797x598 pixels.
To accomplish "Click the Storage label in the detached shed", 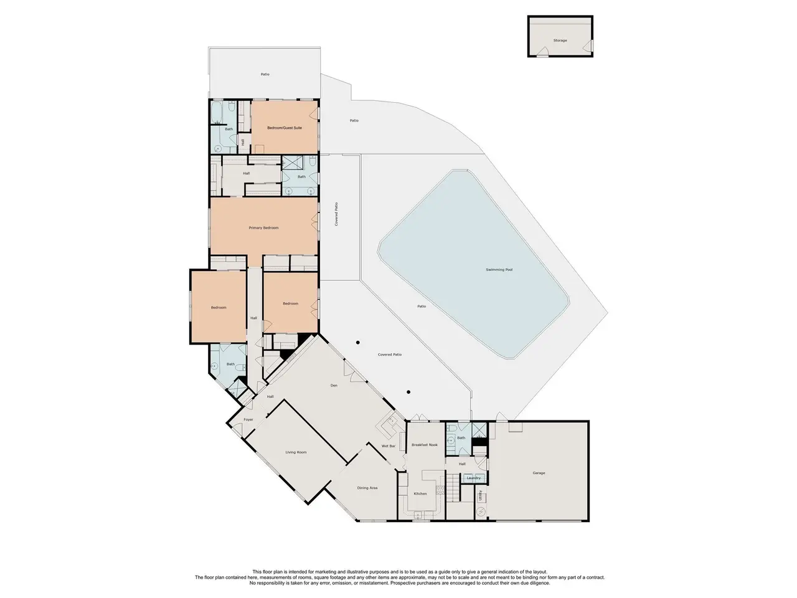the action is (x=560, y=40).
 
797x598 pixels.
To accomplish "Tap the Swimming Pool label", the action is (x=499, y=270).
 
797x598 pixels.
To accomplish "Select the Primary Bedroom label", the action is (x=263, y=228).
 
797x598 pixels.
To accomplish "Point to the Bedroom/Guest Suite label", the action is (x=285, y=128).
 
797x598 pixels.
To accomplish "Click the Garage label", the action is (x=539, y=473).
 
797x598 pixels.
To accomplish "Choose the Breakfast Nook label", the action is (x=425, y=445).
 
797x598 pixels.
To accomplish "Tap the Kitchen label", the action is (x=420, y=494).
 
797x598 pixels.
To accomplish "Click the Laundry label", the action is (x=473, y=478).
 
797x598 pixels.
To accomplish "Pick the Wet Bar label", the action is (x=388, y=446).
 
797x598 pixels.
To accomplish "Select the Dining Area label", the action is (x=367, y=488).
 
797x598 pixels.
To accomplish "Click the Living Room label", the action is (x=296, y=452).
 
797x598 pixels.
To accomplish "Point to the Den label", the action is (x=334, y=386).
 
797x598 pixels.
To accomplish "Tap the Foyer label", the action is (x=248, y=420).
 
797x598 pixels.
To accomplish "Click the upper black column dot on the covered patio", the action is (x=357, y=343).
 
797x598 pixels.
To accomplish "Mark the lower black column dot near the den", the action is (x=408, y=392).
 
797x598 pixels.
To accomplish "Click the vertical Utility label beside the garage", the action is (x=480, y=495).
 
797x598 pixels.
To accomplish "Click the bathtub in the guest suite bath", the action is (x=217, y=112).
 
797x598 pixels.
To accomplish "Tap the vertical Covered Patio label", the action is (x=336, y=214).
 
